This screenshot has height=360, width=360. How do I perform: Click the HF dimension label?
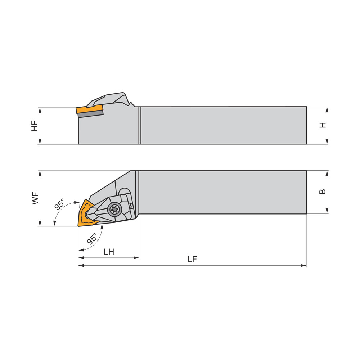35,126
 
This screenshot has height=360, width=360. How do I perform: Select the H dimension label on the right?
323,125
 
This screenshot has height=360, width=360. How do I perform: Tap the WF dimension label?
35,198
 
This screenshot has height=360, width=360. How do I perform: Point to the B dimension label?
323,192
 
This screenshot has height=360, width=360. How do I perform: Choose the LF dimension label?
192,260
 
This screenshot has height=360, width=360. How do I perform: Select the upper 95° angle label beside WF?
59,204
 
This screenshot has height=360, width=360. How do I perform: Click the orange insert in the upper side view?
89,109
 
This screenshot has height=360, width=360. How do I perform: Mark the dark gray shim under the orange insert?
91,114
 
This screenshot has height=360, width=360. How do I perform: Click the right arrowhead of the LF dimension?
304,266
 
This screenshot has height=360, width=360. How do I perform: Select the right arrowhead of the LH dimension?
136,258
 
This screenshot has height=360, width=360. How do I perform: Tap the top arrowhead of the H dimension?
327,109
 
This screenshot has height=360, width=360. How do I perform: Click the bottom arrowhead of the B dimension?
327,211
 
